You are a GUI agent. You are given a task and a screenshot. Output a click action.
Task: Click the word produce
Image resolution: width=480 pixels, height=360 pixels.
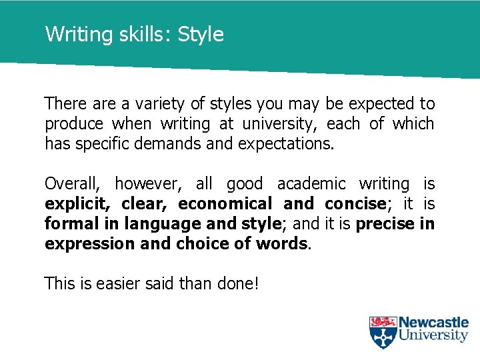pos(74,124)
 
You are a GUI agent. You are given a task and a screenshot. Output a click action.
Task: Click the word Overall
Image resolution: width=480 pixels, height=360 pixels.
pos(71,184)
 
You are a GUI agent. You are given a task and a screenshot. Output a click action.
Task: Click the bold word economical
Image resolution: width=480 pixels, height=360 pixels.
pos(225,204)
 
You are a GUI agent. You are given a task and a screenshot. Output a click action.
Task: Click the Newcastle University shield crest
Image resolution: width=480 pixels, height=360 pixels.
pos(383,332)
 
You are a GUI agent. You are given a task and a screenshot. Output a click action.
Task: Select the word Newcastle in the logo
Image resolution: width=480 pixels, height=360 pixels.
pos(433,323)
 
